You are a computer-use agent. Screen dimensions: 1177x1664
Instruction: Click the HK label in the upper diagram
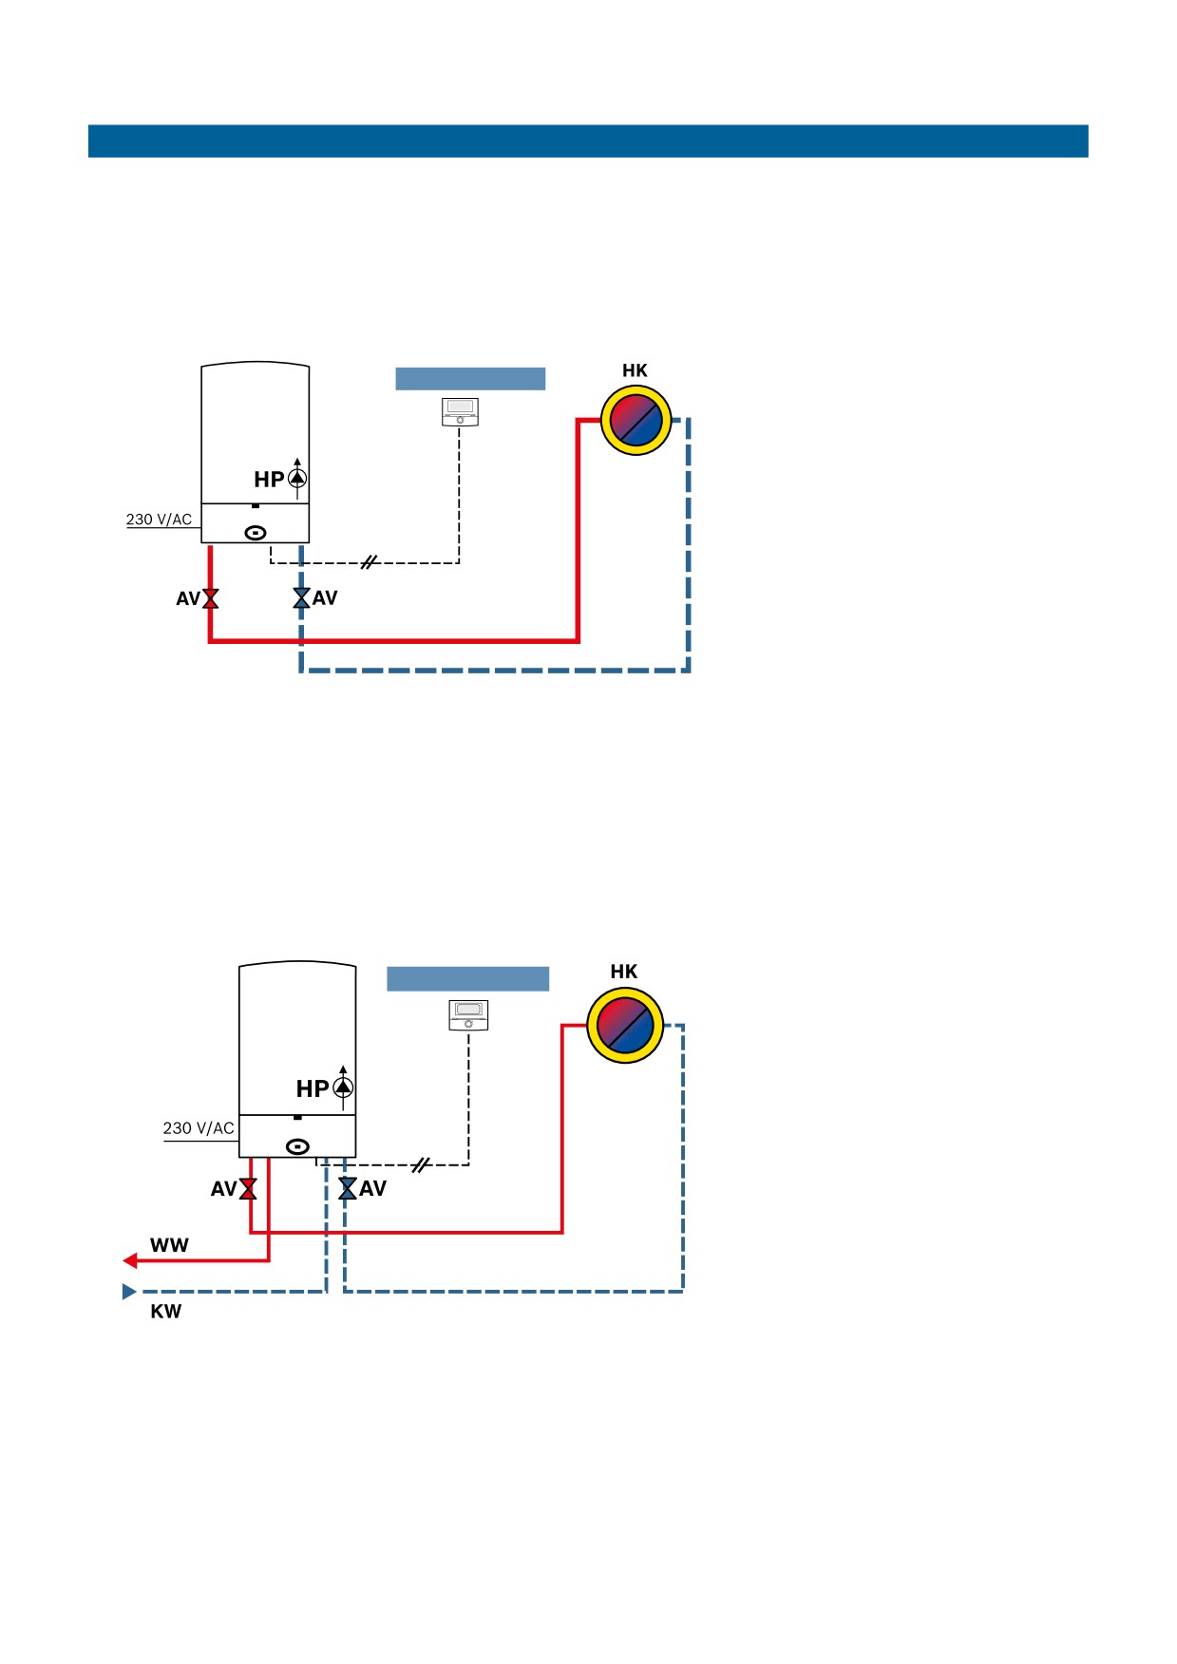tap(635, 370)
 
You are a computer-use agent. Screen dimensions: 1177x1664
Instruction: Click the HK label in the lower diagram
tap(623, 972)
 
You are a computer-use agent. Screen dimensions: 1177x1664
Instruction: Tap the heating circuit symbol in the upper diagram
tap(636, 420)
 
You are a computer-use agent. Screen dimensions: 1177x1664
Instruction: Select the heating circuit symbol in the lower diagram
tap(624, 1025)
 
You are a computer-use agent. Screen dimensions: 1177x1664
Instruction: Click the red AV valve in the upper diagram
tap(210, 598)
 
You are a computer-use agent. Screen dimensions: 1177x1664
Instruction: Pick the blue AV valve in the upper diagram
tap(301, 597)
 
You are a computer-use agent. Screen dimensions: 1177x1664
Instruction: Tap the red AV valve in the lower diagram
tap(248, 1189)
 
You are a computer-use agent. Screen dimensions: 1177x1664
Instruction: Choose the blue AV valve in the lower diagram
tap(348, 1188)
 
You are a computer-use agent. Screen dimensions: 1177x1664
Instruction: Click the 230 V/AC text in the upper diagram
tap(159, 520)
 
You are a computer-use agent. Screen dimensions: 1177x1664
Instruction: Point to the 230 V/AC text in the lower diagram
tap(198, 1128)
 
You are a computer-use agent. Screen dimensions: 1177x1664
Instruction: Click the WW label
tap(169, 1245)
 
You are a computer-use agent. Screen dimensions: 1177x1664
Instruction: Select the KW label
tap(165, 1312)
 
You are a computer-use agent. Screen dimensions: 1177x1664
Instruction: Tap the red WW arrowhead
tap(130, 1260)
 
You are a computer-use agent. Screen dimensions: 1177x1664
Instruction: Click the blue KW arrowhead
tap(129, 1292)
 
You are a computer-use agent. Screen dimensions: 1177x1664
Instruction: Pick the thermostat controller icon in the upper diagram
tap(460, 411)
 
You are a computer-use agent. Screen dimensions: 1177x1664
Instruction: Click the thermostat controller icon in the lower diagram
tap(468, 1014)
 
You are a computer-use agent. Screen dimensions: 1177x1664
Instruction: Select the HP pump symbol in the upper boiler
tap(297, 478)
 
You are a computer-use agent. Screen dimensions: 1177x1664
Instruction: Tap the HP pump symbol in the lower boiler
tap(343, 1087)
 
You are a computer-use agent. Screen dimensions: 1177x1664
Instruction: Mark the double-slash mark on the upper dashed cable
tap(370, 562)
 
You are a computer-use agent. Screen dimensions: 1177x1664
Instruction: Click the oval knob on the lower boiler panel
tap(297, 1146)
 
